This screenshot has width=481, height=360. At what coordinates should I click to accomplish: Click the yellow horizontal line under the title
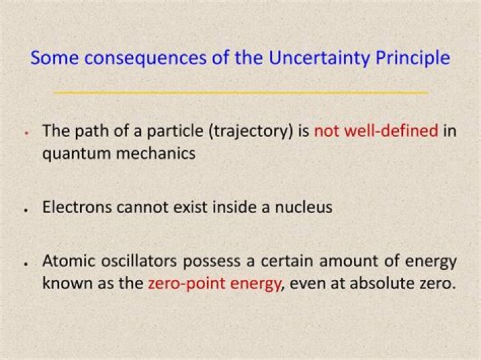point(240,92)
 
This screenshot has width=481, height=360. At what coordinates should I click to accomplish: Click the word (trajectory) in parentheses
point(251,131)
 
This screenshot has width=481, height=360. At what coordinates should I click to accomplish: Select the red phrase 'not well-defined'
point(376,130)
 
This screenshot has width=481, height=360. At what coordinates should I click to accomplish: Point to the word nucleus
point(303,207)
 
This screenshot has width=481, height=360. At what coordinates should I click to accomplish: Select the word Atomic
point(66,260)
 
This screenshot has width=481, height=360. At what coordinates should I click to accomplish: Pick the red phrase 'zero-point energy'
point(214,283)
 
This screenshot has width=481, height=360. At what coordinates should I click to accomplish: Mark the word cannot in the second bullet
point(144,207)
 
